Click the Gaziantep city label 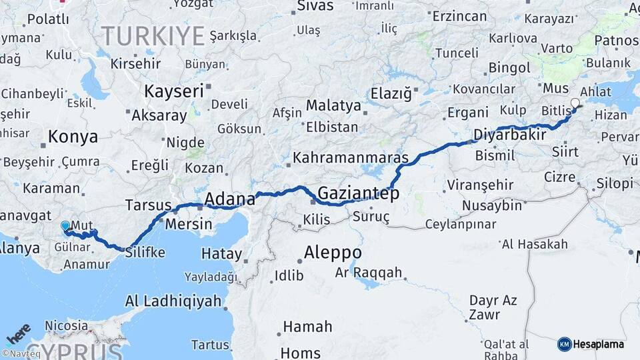[x=358, y=194]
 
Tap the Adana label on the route [x=229, y=199]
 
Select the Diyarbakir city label [x=509, y=135]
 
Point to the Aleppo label [x=333, y=253]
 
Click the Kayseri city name [x=174, y=91]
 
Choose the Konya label [x=73, y=137]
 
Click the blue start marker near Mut [x=65, y=226]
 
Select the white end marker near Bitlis [x=575, y=103]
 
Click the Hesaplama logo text [x=599, y=345]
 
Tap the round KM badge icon [x=564, y=345]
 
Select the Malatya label [x=333, y=105]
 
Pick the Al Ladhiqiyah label [x=173, y=301]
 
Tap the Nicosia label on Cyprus [x=66, y=326]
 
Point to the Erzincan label [x=459, y=15]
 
